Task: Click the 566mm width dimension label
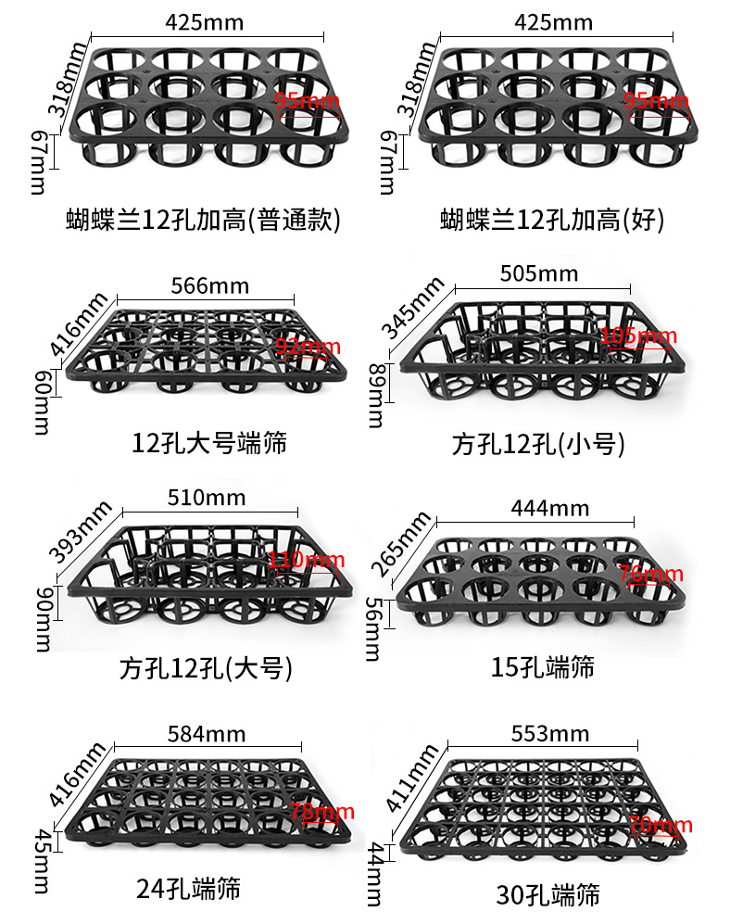point(209,285)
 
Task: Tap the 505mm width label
point(538,273)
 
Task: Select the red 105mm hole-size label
point(639,335)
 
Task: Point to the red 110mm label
point(307,560)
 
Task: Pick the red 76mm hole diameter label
point(650,575)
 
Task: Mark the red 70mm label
point(660,826)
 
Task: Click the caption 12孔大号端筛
point(209,442)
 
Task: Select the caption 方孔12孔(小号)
point(538,444)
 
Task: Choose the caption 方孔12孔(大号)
point(206,668)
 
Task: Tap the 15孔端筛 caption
point(543,665)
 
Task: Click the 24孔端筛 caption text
point(188,889)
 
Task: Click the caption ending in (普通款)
point(204,220)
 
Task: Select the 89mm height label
point(375,396)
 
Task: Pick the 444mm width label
point(549,508)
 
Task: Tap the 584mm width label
point(207,735)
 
